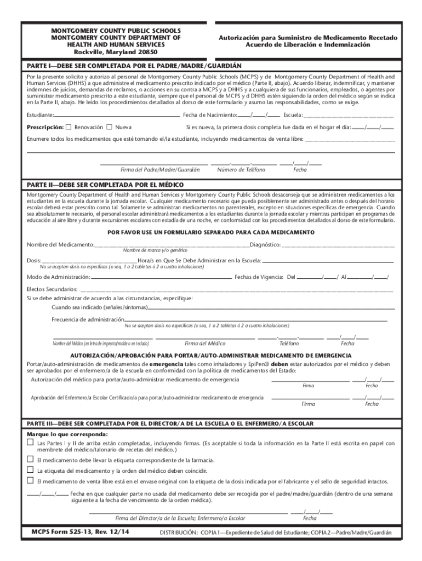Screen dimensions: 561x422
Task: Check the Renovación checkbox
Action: pyautogui.click(x=69, y=127)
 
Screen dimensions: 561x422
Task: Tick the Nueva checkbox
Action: pyautogui.click(x=109, y=127)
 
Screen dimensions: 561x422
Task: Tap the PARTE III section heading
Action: pyautogui.click(x=170, y=424)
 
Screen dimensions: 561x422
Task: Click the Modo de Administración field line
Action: pyautogui.click(x=162, y=277)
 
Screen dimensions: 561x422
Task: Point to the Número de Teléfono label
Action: pyautogui.click(x=241, y=170)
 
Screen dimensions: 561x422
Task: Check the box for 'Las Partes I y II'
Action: pyautogui.click(x=31, y=442)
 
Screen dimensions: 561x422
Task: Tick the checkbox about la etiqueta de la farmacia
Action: pyautogui.click(x=31, y=460)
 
